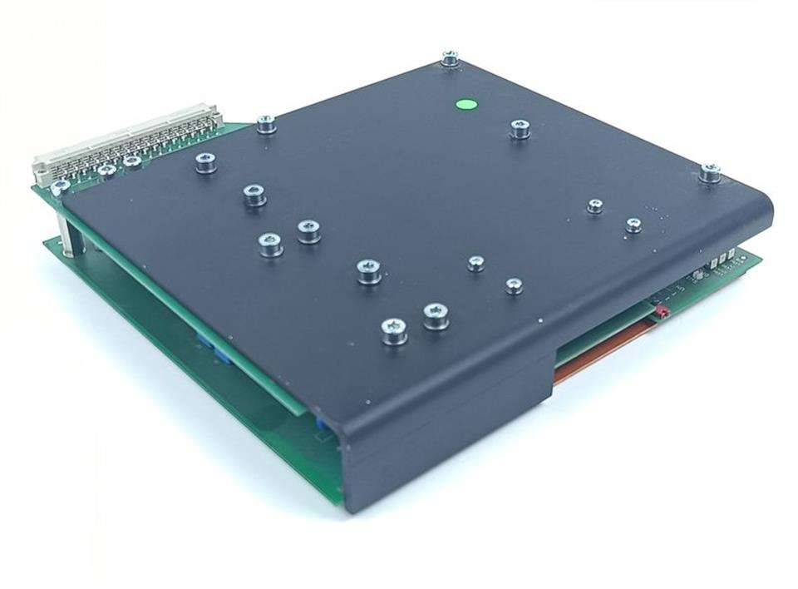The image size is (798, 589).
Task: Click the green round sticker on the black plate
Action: point(466,106)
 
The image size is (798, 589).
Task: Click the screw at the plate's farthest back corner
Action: point(450,57)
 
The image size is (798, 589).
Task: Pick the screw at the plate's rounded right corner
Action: point(710,172)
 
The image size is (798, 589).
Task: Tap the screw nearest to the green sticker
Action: point(520,128)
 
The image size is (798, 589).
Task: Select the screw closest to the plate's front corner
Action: point(394,330)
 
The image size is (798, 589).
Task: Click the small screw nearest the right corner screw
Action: point(633,224)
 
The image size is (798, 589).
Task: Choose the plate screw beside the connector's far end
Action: point(266,124)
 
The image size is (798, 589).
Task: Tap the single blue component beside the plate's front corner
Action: point(321,423)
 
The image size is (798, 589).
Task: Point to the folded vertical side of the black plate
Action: point(449,441)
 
